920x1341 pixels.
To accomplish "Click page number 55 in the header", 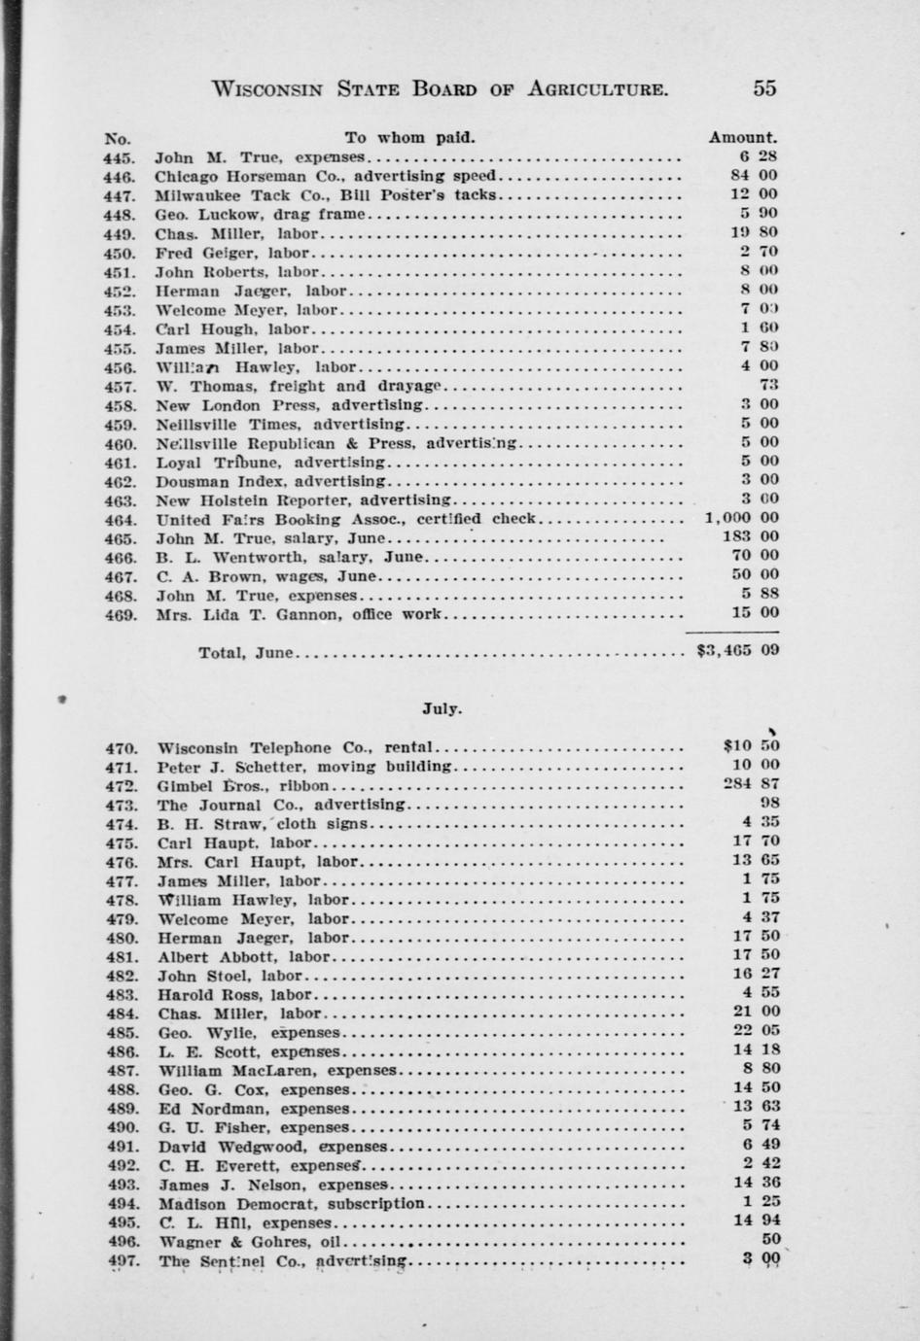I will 763,88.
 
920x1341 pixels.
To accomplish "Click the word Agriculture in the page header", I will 597,89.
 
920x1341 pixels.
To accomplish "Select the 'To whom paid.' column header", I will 409,138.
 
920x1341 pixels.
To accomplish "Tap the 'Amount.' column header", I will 742,138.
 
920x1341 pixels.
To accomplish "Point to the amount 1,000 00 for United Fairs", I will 741,518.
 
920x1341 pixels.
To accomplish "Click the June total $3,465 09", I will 738,651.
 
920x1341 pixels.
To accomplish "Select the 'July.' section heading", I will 442,708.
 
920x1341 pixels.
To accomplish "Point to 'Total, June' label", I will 245,652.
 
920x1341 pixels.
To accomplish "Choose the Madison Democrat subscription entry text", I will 292,1204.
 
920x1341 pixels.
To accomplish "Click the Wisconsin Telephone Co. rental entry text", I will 296,748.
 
